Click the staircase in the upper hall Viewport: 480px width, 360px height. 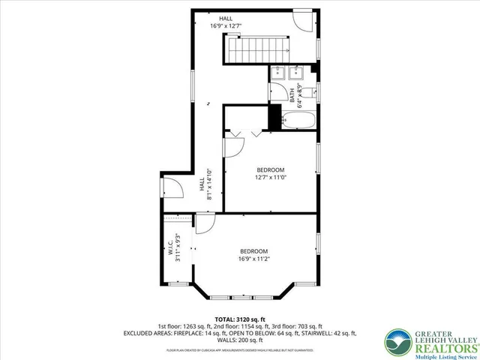tap(255, 50)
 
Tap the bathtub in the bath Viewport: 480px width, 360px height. tap(298, 119)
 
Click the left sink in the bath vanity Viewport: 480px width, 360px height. tap(278, 73)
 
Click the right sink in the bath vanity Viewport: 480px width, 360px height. tap(295, 73)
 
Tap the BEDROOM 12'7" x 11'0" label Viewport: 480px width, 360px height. tap(271, 174)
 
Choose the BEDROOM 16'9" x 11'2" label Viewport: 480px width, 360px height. tap(253, 255)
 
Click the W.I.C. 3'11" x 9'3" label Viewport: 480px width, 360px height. tap(174, 249)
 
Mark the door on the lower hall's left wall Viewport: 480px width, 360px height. tap(170, 190)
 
